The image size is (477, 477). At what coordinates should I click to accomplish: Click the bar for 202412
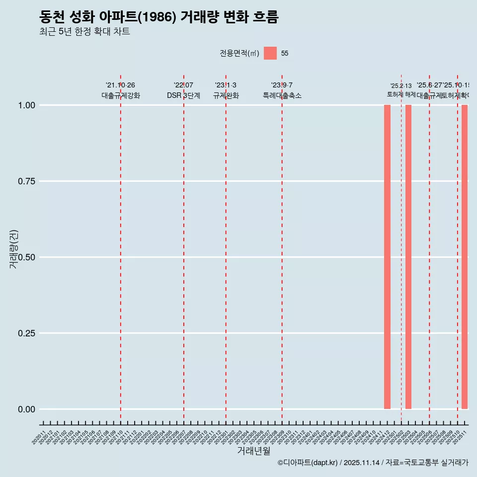tap(387, 257)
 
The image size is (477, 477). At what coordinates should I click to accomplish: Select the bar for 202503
tap(408, 257)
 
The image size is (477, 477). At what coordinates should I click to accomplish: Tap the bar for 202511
tap(465, 257)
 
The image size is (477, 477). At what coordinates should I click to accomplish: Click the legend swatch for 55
tap(270, 53)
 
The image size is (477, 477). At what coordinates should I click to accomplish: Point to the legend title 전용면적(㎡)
tap(239, 54)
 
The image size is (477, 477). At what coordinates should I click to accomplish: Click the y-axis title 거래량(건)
tap(13, 248)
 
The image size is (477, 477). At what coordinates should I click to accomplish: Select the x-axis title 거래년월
tap(253, 451)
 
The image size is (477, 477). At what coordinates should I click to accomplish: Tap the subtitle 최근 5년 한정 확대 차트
tap(84, 32)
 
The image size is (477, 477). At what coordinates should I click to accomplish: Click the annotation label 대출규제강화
tap(121, 95)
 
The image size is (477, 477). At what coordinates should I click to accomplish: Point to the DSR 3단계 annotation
tap(183, 95)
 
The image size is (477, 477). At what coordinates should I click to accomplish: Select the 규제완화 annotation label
tap(226, 95)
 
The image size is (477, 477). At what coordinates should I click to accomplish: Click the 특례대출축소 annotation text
tap(282, 95)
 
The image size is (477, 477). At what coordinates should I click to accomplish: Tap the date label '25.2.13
tap(401, 86)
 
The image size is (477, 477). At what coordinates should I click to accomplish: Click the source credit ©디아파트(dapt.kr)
tap(308, 463)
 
